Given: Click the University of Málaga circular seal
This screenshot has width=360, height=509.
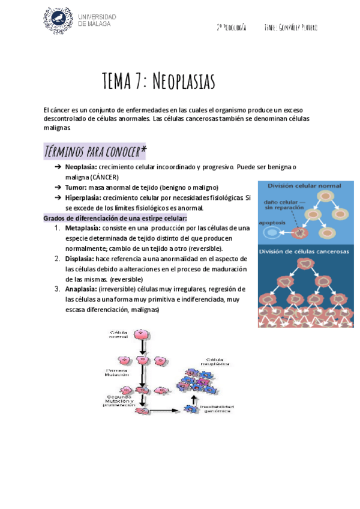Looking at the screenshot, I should (58, 21).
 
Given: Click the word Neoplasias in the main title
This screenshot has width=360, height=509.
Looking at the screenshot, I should (180, 81).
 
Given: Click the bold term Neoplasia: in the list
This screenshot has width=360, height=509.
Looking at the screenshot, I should (80, 167).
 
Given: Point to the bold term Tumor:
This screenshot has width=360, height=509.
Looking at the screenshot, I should (76, 187).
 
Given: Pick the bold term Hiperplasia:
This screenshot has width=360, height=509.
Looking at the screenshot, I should (83, 197).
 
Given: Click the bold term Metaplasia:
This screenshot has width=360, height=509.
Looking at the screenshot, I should (82, 228).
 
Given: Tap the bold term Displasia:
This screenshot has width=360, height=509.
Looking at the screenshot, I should (79, 259).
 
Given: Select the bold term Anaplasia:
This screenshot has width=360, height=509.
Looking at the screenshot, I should (80, 289).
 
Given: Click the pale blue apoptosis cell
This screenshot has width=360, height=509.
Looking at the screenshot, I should (272, 232).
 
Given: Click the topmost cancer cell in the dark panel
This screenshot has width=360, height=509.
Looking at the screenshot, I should (307, 264).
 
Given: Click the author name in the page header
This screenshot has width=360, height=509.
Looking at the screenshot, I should (290, 28).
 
